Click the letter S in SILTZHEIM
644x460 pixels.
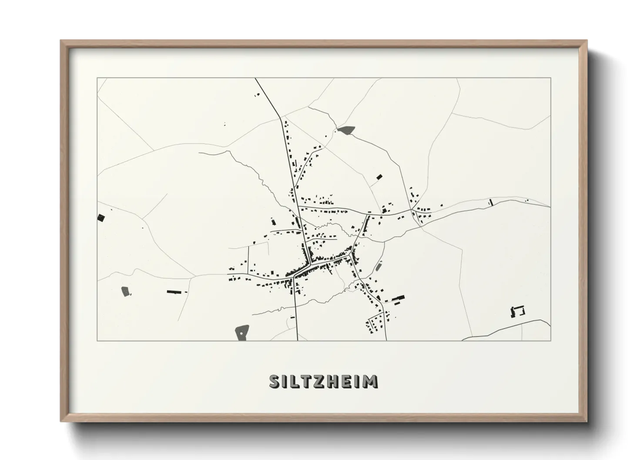[x=275, y=381]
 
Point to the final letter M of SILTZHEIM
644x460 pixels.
[x=370, y=381]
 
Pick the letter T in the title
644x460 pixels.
[x=302, y=381]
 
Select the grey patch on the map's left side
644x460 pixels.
[x=125, y=291]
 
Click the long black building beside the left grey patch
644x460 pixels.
[x=174, y=292]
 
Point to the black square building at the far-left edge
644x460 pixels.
[x=101, y=218]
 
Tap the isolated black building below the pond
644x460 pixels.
[x=379, y=177]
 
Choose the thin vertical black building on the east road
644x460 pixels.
[x=491, y=202]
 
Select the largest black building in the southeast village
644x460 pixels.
[x=398, y=299]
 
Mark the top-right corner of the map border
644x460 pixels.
[x=550, y=78]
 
